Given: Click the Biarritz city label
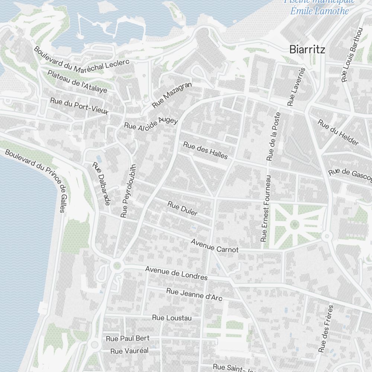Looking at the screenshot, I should (307, 49).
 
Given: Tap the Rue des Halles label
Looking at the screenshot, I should (205, 150).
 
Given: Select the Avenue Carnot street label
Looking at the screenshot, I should (214, 246).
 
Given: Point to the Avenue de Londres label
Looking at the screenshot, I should (176, 273).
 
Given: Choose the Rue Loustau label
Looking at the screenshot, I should (172, 318).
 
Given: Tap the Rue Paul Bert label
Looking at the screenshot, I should (128, 338).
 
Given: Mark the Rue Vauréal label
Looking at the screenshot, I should (129, 351).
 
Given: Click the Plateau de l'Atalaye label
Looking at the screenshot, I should (77, 81).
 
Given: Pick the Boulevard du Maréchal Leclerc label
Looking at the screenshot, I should (81, 60).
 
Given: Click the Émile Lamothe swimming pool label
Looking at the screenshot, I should (320, 10).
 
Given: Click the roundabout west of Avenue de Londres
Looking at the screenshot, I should (118, 265).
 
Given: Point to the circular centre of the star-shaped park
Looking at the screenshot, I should (294, 224).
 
